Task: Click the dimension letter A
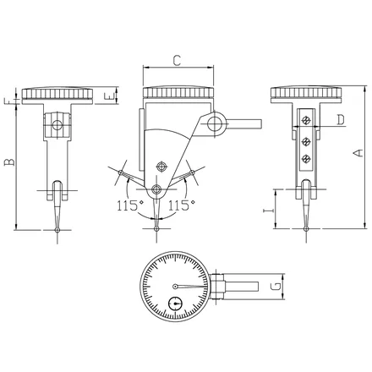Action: click(358, 153)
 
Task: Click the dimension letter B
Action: click(9, 162)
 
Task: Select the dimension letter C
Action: click(177, 61)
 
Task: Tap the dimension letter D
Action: click(341, 120)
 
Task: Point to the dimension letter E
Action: click(108, 96)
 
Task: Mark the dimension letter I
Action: click(268, 211)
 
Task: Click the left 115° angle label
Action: click(130, 205)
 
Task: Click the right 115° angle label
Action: click(182, 205)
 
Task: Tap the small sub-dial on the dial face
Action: click(175, 304)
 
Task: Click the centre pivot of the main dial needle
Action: click(175, 287)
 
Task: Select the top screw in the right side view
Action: click(305, 120)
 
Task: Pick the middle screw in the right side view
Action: click(305, 141)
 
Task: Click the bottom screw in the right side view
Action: click(305, 159)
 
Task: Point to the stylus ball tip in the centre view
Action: click(156, 228)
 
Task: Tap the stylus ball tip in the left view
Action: click(57, 230)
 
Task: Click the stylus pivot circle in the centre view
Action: click(156, 189)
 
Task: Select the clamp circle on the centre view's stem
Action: click(214, 123)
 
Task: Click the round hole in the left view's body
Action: click(57, 124)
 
